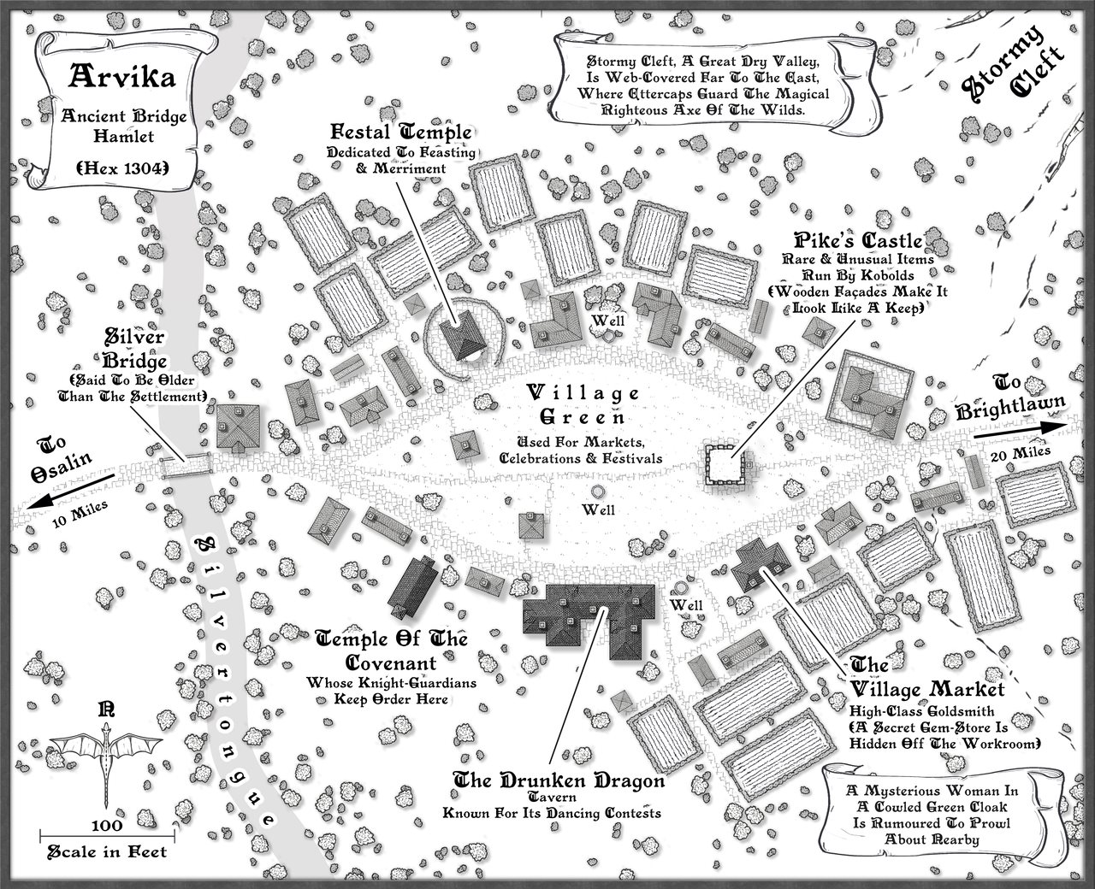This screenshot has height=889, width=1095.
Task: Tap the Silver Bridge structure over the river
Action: tap(186, 465)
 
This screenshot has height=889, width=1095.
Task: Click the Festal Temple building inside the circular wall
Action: tap(465, 336)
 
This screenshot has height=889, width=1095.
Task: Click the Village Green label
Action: tap(583, 405)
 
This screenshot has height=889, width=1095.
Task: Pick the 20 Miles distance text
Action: tap(1015, 455)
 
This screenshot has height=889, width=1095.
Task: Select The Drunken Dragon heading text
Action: tap(558, 780)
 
